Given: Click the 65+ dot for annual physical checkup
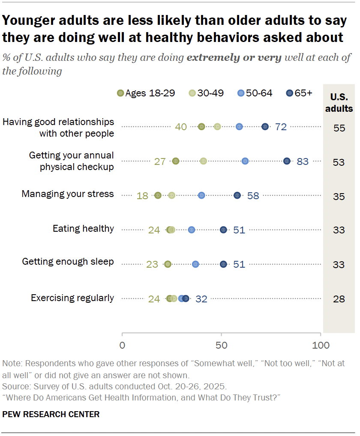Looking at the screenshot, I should coord(287,161).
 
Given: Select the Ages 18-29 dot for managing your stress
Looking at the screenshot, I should coord(158,195).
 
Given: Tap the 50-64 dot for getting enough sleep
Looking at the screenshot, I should coord(195,264).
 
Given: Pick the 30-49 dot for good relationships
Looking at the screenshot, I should coord(217,126).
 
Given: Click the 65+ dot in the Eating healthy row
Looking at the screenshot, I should coord(223,230).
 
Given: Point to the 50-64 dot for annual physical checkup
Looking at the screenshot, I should coord(245,161).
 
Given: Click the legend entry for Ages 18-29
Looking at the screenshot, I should coord(146,93).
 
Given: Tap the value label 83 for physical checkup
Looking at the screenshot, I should coord(303,161).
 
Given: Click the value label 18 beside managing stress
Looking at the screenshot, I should coord(142,196).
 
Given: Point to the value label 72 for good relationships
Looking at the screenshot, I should coord(281,127).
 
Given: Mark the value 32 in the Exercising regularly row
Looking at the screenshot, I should coord(201,299).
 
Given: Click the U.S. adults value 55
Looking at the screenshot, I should coord(339,128).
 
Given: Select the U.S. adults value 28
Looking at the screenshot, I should coord(339,299).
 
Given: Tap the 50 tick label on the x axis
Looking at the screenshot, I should coord(221,345).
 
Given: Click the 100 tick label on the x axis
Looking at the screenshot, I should coord(320,345).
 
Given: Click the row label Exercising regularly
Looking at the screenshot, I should coord(72,298).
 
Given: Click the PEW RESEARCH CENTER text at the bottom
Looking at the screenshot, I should coord(51,414).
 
